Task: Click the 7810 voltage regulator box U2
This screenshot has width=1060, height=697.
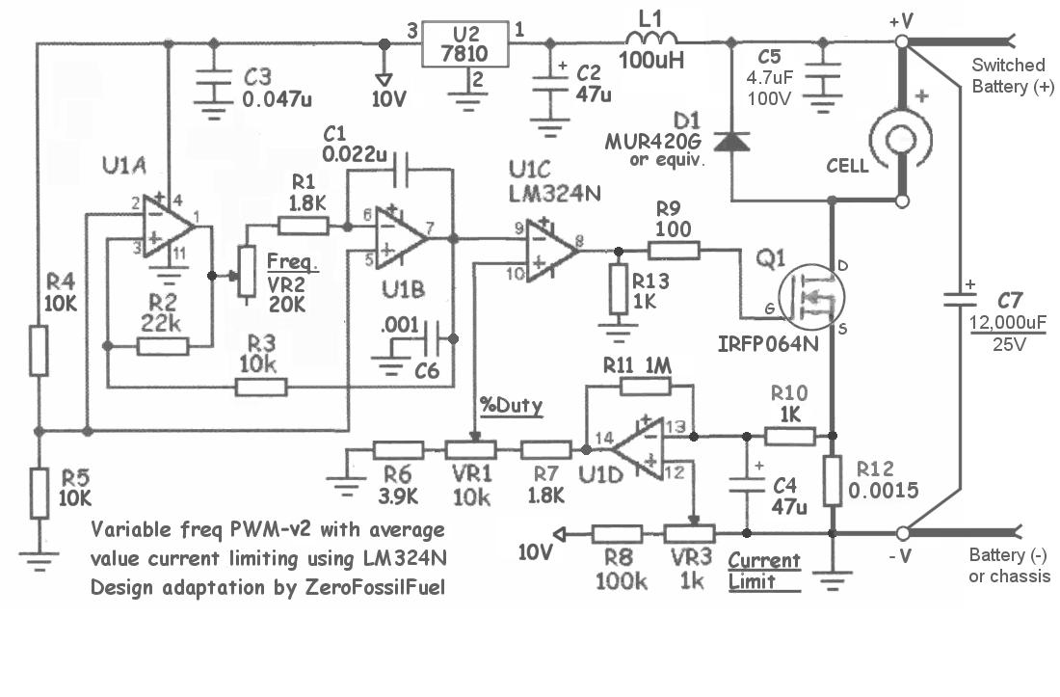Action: (465, 42)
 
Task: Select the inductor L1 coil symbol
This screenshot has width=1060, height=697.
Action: (652, 40)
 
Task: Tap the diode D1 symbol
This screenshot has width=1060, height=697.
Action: (733, 141)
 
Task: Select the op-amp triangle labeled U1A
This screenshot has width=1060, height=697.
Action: (170, 229)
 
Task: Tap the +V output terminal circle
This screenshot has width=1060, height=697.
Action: (903, 42)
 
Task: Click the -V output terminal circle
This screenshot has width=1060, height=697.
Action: (903, 533)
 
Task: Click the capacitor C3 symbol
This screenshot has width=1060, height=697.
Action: (210, 86)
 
